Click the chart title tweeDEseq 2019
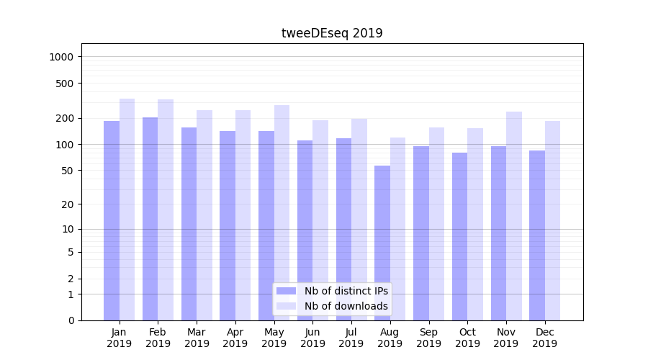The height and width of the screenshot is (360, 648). point(332,33)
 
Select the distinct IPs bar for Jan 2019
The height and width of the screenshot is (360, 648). point(112,220)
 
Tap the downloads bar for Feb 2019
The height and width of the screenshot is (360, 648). point(166,210)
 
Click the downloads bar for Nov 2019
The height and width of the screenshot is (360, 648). point(514,216)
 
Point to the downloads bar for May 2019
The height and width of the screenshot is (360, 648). point(282,212)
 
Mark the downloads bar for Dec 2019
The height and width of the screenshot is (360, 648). point(553,220)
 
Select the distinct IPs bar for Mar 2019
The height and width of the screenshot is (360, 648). point(189,224)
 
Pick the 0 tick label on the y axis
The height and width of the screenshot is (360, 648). point(70,320)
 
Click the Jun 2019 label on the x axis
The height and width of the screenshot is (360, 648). point(312,338)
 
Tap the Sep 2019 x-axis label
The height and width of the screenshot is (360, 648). point(428,338)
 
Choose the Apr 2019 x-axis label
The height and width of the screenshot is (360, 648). point(235,338)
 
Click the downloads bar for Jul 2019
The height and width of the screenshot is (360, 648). point(359,220)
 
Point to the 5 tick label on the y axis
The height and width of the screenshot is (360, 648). point(70,252)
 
